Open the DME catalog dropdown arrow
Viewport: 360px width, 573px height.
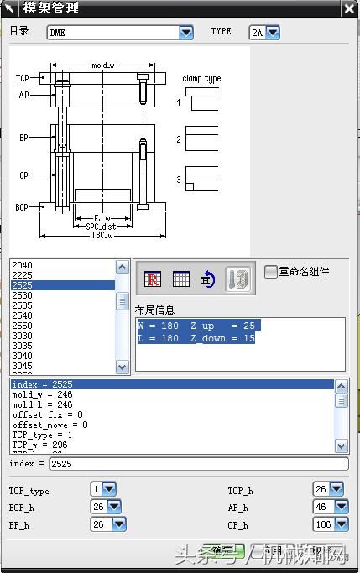pos(186,33)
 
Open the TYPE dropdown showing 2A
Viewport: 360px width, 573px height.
pos(273,33)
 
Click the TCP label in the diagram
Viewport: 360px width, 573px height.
pos(23,78)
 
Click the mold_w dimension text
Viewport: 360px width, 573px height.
pos(103,65)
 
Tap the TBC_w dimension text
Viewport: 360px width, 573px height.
pos(103,236)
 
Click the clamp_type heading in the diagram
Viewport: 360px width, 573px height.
pos(201,78)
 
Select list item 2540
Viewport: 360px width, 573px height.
pos(23,315)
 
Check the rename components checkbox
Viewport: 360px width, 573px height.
pos(270,272)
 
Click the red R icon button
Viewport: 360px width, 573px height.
pos(153,280)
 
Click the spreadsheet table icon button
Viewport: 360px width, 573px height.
pos(180,280)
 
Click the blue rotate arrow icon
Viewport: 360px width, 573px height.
pos(208,280)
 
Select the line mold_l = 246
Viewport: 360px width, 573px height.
pos(42,404)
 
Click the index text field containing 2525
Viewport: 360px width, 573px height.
pos(197,463)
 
